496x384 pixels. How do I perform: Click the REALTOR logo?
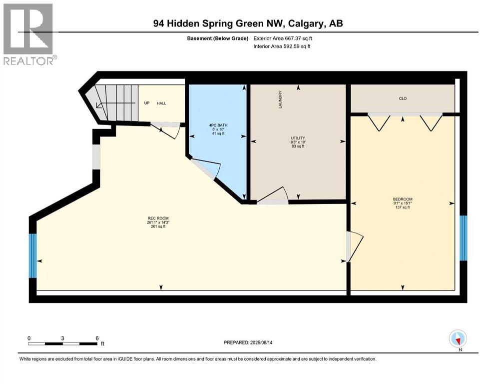click(x=28, y=33)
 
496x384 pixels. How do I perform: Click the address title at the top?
click(x=248, y=23)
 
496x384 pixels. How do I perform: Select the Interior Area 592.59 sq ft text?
click(x=282, y=46)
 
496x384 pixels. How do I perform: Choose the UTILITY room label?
click(x=298, y=138)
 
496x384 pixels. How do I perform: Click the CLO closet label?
click(x=403, y=98)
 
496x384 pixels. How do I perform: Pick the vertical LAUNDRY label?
click(x=281, y=99)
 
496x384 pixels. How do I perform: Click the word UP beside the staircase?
click(x=147, y=103)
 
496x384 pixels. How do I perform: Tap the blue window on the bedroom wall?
click(x=463, y=238)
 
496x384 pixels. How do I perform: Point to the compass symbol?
click(x=458, y=339)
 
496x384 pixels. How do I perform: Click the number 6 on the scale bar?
click(x=96, y=338)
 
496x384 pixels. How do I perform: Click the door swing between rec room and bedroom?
click(x=355, y=246)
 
